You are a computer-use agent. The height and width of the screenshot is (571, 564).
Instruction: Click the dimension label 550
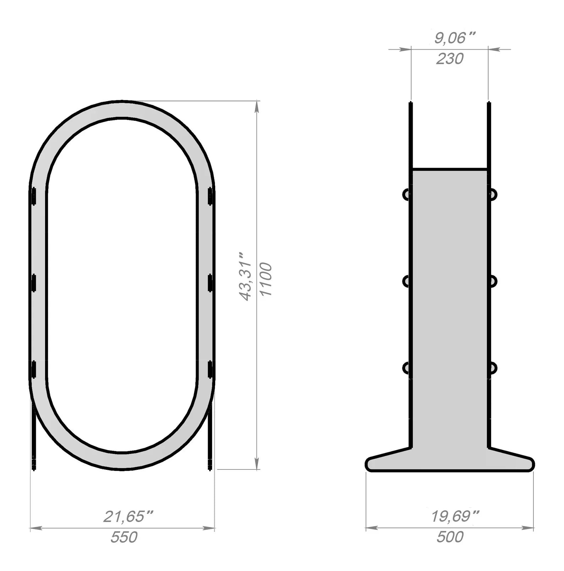point(124,537)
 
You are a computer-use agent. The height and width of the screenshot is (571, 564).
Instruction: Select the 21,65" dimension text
point(128,516)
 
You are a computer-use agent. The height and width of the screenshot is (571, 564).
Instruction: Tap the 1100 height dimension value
point(266,279)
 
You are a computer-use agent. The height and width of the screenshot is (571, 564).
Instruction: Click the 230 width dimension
point(450,59)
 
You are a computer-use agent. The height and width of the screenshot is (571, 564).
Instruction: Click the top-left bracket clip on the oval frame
point(34,196)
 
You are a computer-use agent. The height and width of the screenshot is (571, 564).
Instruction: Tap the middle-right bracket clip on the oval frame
point(210,283)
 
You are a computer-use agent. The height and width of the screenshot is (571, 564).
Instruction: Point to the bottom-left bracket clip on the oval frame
point(34,369)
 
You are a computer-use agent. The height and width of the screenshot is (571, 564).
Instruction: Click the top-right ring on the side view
point(493,194)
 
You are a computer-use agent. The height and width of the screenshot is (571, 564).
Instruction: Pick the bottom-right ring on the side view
point(493,368)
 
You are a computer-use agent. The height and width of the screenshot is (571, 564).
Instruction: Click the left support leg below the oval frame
point(34,440)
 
